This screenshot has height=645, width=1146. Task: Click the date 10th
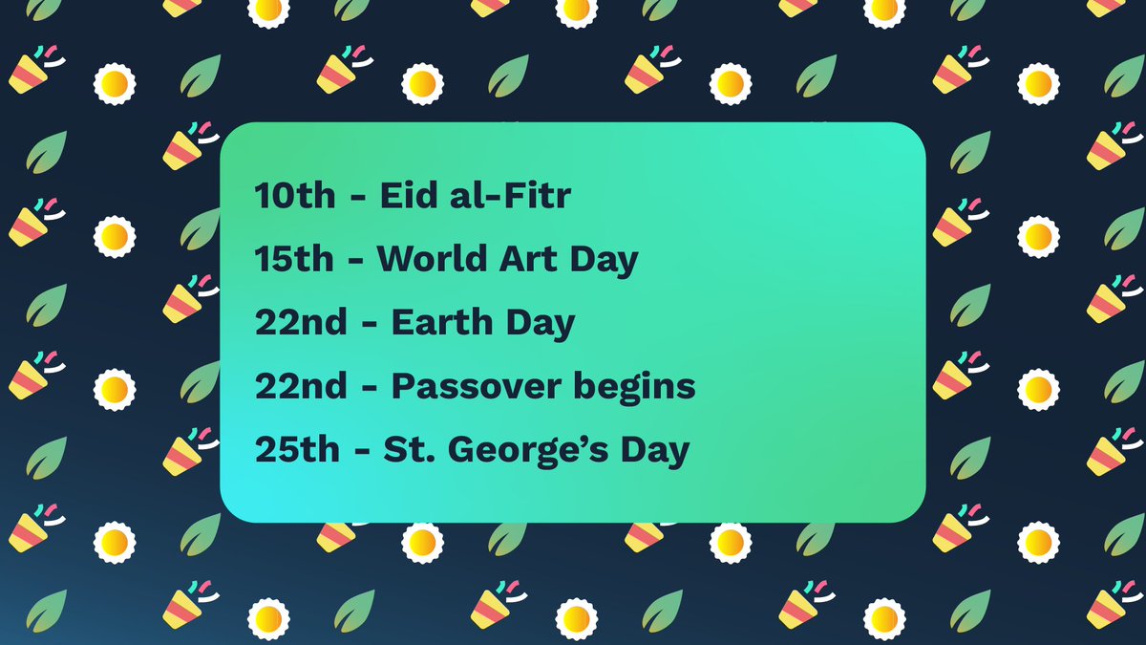295,198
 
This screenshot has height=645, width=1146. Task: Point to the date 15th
295,260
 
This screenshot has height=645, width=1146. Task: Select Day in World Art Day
608,261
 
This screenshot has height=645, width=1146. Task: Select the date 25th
297,450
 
